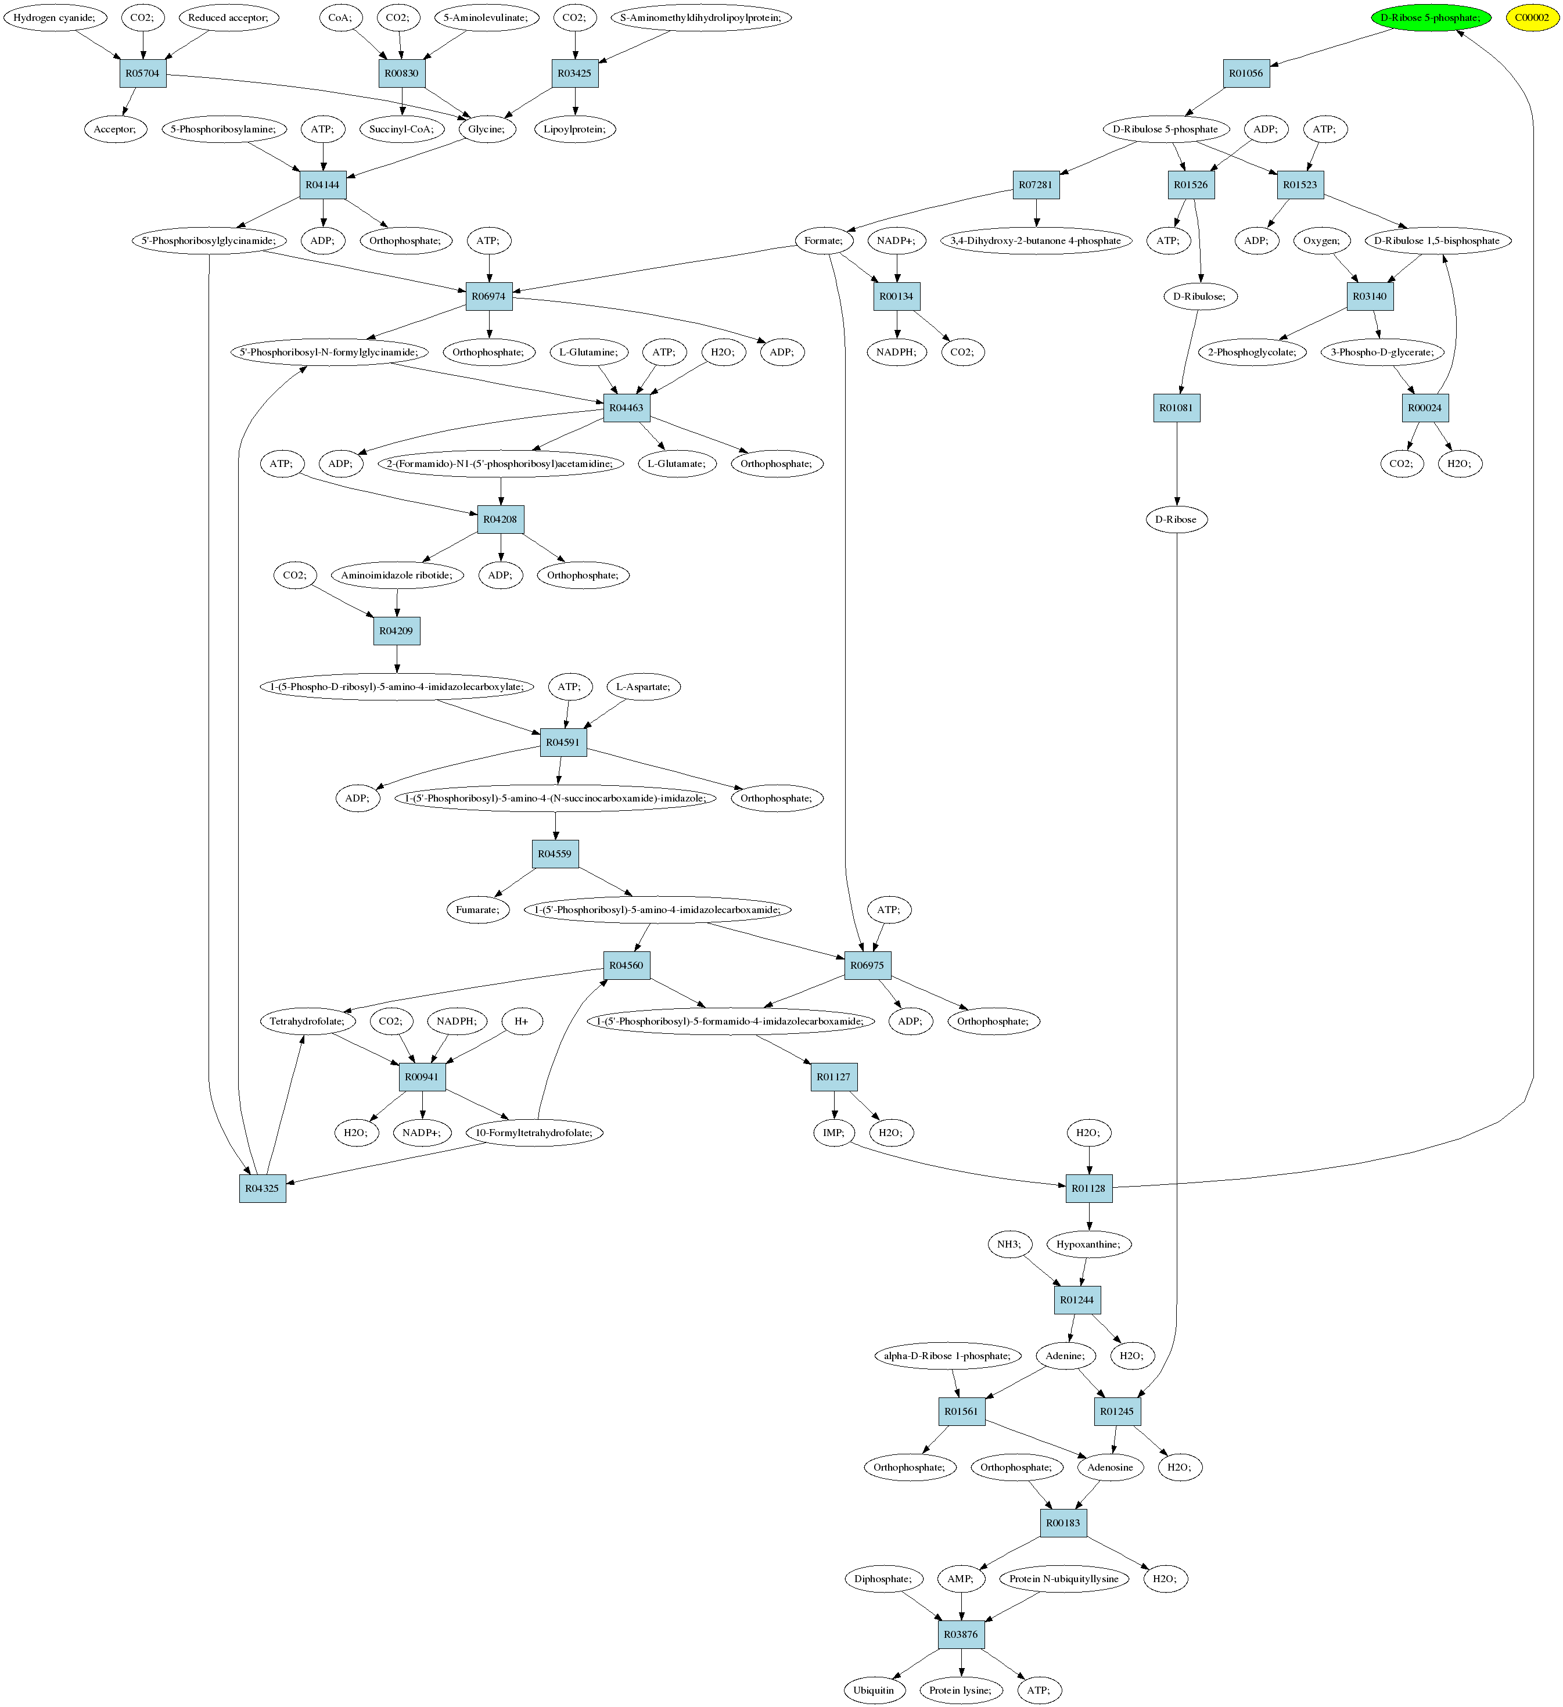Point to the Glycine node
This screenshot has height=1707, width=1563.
point(487,130)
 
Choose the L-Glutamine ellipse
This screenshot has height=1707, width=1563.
point(588,352)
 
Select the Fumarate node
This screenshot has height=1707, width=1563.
point(477,910)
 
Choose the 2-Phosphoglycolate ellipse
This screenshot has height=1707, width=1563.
point(1252,352)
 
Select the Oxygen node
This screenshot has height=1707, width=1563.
point(1321,241)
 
